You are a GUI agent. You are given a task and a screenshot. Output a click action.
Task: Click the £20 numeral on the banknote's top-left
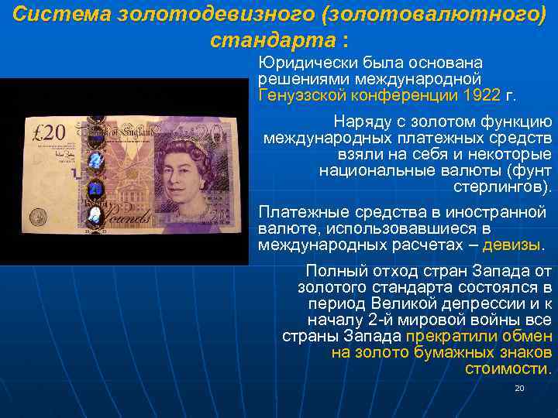(49, 132)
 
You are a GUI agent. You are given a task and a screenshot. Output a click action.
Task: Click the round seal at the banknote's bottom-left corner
(38, 216)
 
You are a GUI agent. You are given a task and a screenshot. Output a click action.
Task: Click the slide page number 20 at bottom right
(520, 387)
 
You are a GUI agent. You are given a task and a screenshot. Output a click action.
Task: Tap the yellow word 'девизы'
(511, 245)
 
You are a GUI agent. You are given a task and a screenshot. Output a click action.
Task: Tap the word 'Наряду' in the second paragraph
(360, 121)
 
